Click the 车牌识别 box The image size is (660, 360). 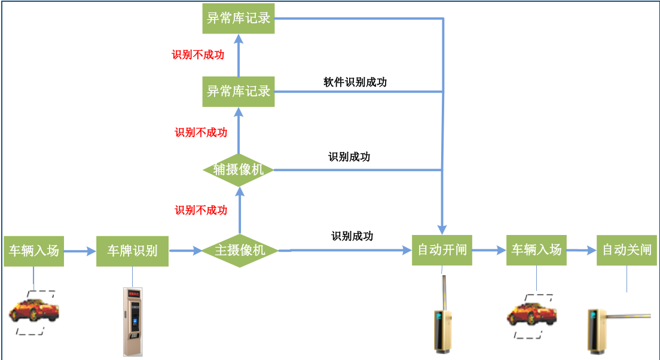click(x=132, y=251)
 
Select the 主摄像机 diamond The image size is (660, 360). click(x=240, y=251)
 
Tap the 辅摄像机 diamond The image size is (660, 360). click(x=239, y=170)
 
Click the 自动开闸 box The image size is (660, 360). click(x=442, y=250)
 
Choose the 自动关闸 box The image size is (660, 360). click(x=627, y=250)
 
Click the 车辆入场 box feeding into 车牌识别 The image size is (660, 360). click(x=33, y=251)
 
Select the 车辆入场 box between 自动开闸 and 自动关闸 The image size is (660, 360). click(x=536, y=250)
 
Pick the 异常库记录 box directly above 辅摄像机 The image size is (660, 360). click(x=239, y=91)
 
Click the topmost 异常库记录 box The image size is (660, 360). click(x=239, y=18)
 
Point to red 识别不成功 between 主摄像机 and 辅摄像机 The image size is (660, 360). click(x=201, y=210)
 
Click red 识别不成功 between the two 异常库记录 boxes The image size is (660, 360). click(x=198, y=55)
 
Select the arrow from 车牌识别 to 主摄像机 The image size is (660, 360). click(x=186, y=251)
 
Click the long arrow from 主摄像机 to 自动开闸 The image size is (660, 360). click(x=347, y=251)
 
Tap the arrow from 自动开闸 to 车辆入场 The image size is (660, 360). click(x=489, y=251)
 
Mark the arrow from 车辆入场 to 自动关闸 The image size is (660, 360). click(x=581, y=251)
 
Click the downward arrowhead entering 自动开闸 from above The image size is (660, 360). click(x=442, y=229)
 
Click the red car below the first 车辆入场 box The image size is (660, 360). click(x=34, y=312)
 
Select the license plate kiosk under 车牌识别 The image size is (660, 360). click(x=133, y=322)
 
